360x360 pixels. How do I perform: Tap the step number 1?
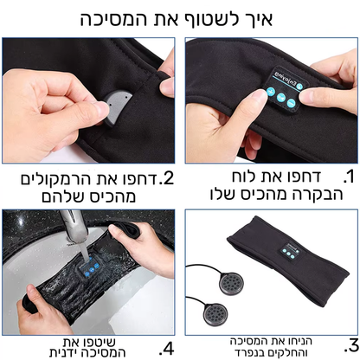pos(349,178)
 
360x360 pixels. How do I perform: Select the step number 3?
pos(350,343)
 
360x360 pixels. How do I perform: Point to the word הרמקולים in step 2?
pos(66,178)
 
